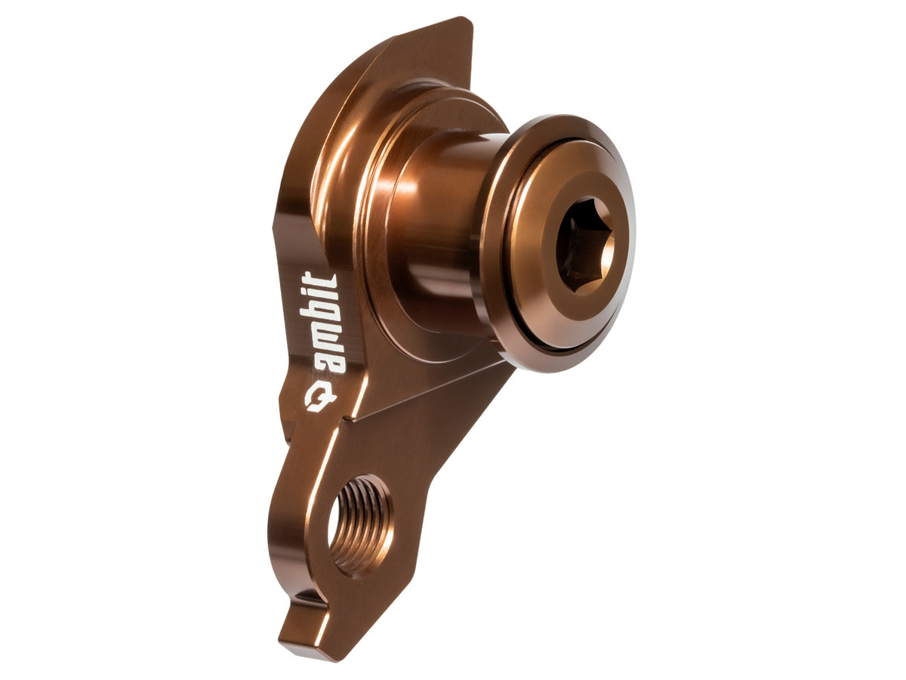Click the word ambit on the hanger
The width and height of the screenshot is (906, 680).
point(321,323)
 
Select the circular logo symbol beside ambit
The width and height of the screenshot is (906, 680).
point(320,399)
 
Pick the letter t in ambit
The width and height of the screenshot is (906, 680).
point(321,280)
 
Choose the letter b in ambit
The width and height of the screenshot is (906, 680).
point(322,314)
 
